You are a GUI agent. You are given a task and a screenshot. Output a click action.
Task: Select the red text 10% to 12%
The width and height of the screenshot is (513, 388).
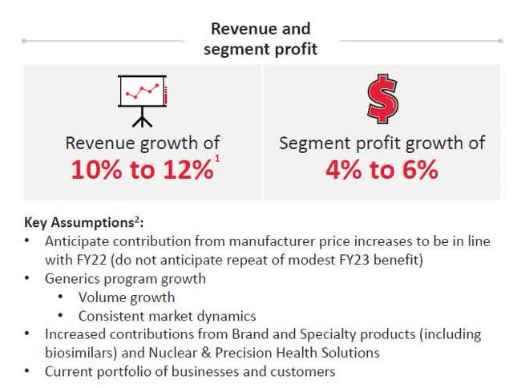point(140,171)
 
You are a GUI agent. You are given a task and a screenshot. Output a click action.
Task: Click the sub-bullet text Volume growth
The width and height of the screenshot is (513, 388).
point(127,297)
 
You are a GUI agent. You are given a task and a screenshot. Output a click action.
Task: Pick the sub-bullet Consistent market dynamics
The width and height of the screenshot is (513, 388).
point(167,316)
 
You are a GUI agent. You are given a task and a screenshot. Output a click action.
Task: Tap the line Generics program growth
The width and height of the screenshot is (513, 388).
point(125,279)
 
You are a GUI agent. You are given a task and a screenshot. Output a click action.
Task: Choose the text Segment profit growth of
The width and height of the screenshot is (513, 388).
point(382,144)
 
